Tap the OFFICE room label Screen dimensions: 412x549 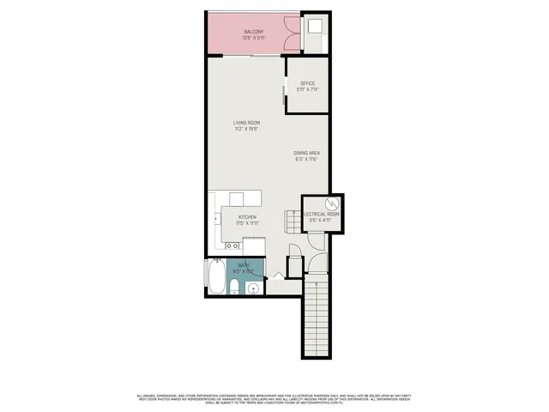(307, 83)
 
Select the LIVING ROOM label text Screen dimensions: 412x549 (246, 123)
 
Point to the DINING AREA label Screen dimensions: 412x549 (306, 153)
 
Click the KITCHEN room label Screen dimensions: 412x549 (248, 217)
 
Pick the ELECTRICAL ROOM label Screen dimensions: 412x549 (322, 214)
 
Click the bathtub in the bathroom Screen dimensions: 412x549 (215, 278)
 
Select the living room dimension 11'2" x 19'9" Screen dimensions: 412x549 (246, 129)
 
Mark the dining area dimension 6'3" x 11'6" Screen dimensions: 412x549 (306, 159)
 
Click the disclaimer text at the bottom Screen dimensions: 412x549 (274, 397)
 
